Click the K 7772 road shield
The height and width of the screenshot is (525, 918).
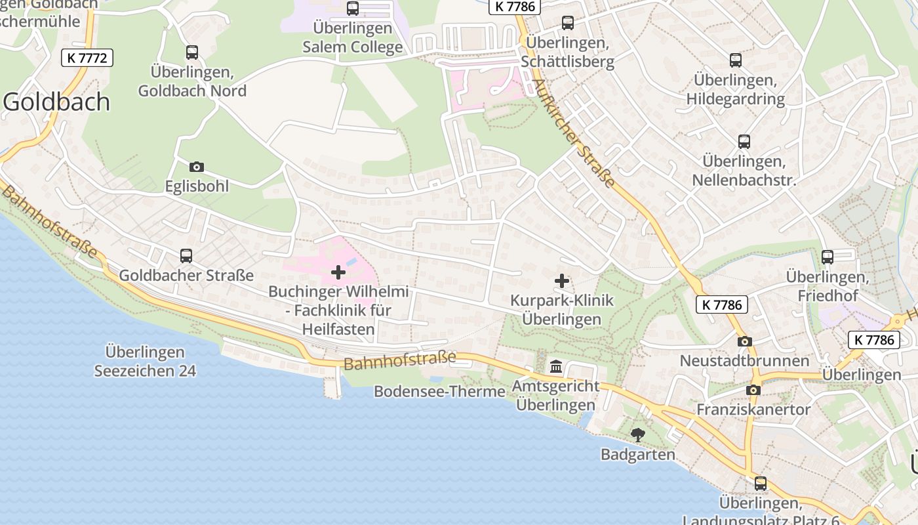point(87,58)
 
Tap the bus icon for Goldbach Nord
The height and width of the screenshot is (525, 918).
point(192,52)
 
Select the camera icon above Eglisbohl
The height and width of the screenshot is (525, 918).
point(196,167)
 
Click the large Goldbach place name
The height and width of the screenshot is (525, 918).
point(57,102)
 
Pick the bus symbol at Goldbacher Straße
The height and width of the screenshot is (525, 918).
point(186,256)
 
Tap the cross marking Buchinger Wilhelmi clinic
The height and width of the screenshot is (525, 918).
point(338,272)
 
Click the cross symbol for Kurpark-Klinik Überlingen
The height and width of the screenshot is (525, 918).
point(562,281)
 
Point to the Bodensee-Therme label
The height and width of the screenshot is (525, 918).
point(439,392)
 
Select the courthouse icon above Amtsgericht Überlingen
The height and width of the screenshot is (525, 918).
point(556,366)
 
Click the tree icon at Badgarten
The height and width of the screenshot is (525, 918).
point(637,434)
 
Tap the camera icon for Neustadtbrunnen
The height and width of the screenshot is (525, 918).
point(744,341)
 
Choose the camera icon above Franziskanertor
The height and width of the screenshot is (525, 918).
point(753,390)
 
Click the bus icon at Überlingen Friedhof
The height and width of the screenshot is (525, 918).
point(828,257)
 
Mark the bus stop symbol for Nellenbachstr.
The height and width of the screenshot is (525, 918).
point(744,142)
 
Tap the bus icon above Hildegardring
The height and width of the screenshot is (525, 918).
point(736,60)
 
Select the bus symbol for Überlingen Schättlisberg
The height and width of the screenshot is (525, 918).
point(568,23)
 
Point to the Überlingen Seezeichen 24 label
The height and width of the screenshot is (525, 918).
point(145,362)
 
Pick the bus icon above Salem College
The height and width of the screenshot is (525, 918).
point(353,9)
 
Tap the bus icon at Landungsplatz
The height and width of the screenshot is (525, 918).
point(761,484)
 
